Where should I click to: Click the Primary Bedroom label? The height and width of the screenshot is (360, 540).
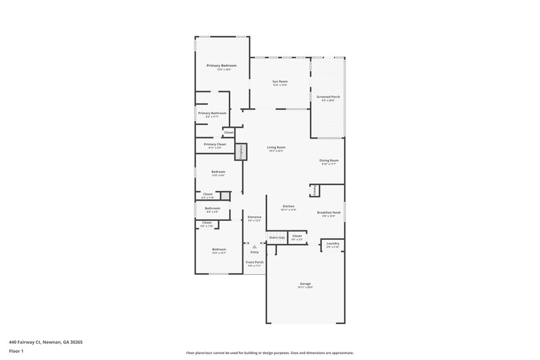click(221, 66)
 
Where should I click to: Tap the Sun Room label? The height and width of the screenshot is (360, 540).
click(279, 82)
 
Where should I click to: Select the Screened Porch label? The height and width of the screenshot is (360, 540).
click(328, 97)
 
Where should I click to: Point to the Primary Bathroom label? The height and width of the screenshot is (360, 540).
click(212, 113)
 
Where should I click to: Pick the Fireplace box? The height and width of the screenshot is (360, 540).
click(239, 152)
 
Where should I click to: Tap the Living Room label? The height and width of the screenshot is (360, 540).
click(276, 147)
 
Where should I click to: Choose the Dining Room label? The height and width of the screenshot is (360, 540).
click(329, 160)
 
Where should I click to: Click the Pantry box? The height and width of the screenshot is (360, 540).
click(315, 190)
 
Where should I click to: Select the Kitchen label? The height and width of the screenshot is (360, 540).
click(288, 206)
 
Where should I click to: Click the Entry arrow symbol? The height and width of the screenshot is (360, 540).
click(254, 247)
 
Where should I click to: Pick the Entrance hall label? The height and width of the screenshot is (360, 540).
click(254, 217)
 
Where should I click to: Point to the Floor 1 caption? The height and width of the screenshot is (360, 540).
click(16, 351)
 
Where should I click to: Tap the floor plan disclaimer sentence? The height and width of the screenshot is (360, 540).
click(270, 353)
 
